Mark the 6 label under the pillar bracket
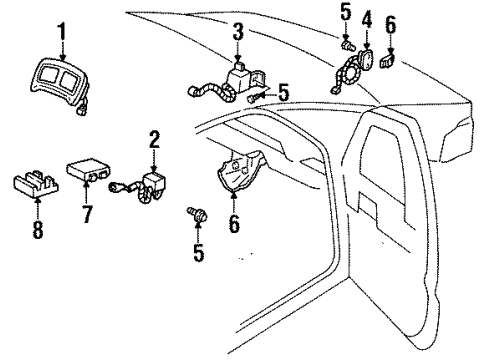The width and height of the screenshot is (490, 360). pos(235,225)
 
